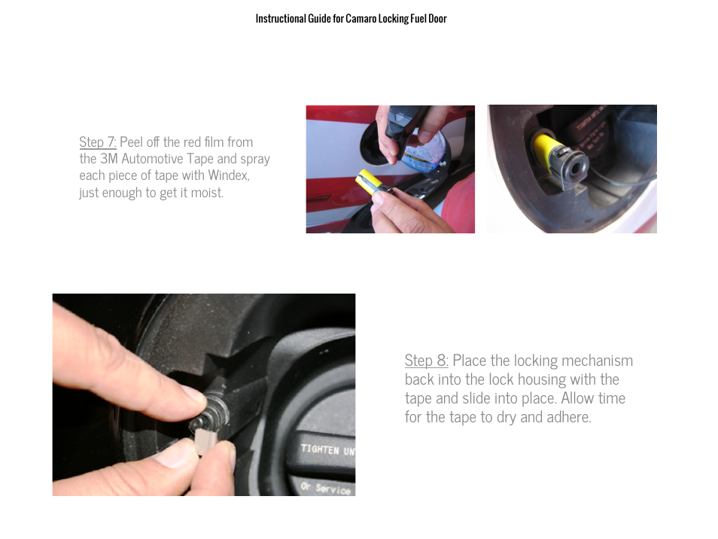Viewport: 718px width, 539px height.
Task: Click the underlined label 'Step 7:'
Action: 97,142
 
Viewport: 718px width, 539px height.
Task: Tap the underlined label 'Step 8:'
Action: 427,361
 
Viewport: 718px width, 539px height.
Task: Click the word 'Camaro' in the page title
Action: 361,19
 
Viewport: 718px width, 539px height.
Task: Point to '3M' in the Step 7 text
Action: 108,159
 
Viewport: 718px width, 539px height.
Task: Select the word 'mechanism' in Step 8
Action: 597,361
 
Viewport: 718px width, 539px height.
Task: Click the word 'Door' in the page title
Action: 437,19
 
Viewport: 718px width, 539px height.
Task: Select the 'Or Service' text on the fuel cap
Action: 326,488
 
